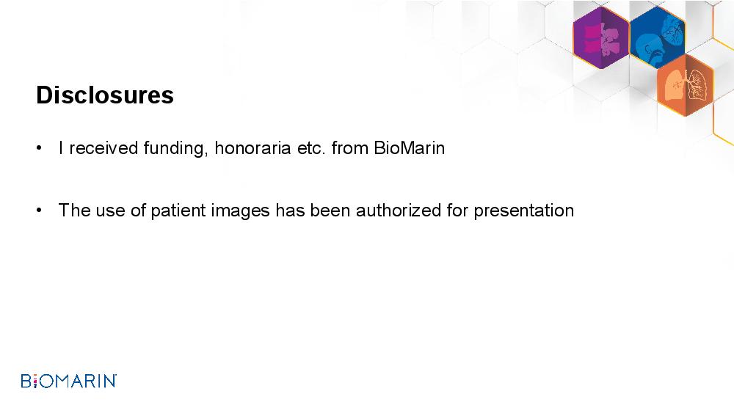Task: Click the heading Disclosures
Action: point(105,95)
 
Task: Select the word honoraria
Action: point(252,147)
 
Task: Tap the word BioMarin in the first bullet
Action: point(409,147)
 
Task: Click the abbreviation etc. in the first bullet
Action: point(311,149)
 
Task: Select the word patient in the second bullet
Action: point(178,211)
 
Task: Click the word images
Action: point(240,211)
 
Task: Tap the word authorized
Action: point(399,210)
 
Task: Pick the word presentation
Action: point(524,211)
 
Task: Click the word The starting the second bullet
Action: point(74,210)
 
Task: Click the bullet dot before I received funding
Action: point(39,148)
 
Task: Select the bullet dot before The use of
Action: point(39,211)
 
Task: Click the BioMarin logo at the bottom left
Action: point(69,381)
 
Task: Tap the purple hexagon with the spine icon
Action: point(601,38)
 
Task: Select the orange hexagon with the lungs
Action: point(686,84)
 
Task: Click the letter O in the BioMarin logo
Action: point(47,381)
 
